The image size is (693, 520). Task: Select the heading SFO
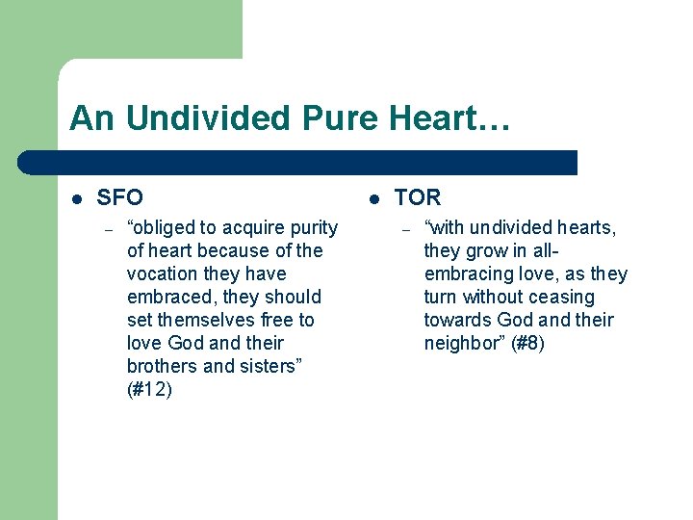[x=120, y=197]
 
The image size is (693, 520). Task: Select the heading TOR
[x=417, y=197]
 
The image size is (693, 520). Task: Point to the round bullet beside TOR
[x=375, y=198]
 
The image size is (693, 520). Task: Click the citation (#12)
[x=149, y=390]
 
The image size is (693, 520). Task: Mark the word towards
[x=457, y=321]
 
